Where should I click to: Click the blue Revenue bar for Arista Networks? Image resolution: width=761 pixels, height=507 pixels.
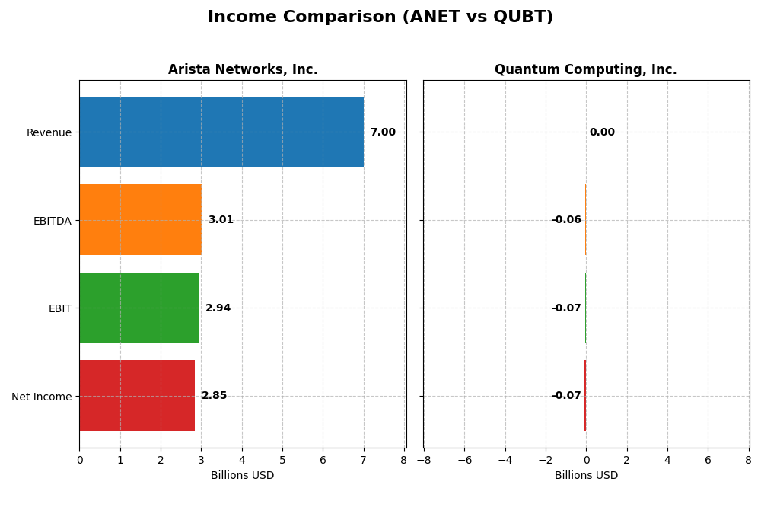221,132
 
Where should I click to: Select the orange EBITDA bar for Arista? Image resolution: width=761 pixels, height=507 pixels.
140,220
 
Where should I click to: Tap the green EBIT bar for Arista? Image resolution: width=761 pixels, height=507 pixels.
139,308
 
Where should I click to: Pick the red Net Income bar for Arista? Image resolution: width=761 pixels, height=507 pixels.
137,396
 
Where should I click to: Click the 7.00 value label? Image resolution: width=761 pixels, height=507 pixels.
383,132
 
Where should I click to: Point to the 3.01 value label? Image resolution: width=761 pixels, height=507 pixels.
221,220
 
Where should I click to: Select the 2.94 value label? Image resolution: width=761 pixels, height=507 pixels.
218,308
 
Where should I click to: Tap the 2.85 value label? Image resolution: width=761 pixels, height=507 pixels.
214,396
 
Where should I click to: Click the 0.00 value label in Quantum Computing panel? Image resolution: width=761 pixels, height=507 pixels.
602,132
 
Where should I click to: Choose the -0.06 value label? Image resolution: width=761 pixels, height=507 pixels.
566,220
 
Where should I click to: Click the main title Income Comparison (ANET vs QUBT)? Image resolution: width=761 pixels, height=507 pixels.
380,18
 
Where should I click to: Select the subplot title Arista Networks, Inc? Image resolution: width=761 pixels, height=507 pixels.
243,70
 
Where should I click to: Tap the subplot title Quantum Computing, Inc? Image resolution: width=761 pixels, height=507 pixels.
585,70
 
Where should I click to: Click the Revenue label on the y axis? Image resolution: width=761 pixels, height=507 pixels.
49,133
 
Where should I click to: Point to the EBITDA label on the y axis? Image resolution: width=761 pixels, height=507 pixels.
53,221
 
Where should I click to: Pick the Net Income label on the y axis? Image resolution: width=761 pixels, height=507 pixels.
42,397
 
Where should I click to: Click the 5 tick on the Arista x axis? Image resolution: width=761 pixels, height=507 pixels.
282,461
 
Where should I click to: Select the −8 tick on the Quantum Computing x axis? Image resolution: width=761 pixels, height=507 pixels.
423,461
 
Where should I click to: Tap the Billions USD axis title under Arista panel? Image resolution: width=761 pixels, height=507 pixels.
242,476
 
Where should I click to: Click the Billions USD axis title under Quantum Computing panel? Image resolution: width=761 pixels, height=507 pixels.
586,476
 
